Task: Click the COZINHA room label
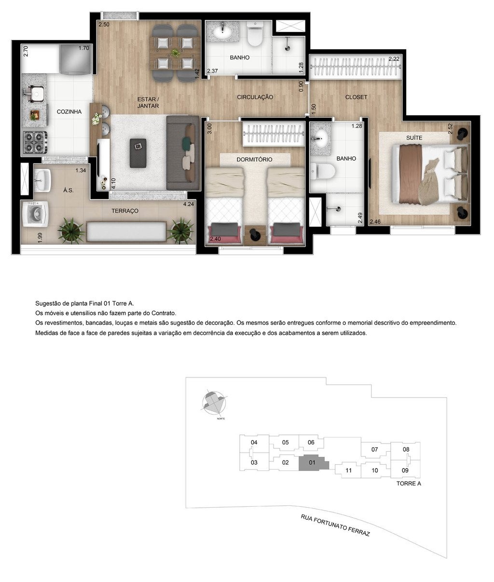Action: tap(69, 111)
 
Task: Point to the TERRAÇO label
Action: tap(125, 211)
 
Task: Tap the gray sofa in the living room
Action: tap(181, 152)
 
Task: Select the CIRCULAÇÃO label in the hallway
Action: tap(255, 97)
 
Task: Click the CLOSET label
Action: tap(356, 97)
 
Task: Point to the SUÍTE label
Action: tap(414, 138)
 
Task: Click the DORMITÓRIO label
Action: tap(254, 159)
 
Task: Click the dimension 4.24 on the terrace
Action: tap(188, 204)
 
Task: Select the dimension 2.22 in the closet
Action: tap(394, 59)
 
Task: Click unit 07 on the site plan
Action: tap(374, 450)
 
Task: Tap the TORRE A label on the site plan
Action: tap(409, 483)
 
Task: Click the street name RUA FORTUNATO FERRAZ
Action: tap(335, 526)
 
